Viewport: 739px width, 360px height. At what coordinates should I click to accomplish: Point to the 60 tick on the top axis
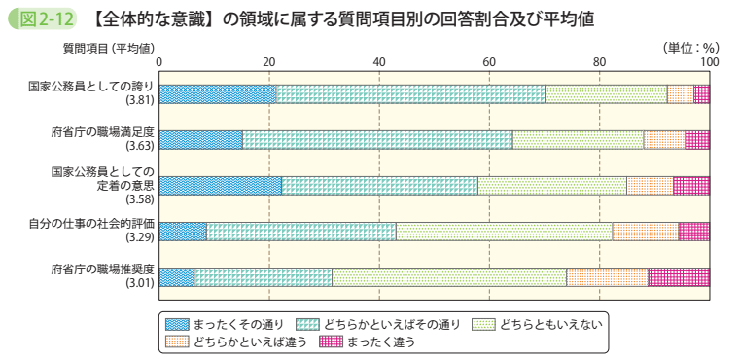[x=489, y=62]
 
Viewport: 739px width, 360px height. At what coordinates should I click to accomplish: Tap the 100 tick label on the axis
[x=708, y=62]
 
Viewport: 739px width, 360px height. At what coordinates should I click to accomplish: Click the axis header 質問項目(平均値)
[x=89, y=47]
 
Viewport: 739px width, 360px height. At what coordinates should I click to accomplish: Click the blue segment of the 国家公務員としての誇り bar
[x=217, y=93]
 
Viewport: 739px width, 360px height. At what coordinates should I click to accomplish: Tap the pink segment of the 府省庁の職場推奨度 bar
[x=678, y=276]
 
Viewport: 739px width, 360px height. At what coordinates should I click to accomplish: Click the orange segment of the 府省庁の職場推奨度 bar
[x=607, y=276]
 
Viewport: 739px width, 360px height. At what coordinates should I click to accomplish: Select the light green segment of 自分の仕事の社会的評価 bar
[x=504, y=231]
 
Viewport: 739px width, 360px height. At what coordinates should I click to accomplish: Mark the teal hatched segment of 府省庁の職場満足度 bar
[x=377, y=139]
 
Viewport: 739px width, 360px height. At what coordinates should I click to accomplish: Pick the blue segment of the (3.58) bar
[x=220, y=185]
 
